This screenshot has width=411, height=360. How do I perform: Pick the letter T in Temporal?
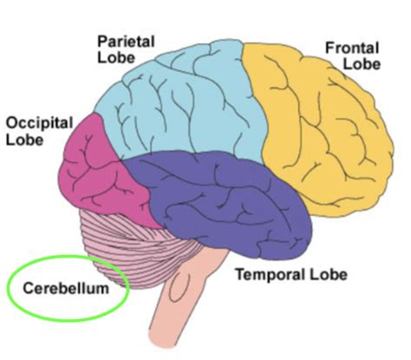point(236,274)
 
